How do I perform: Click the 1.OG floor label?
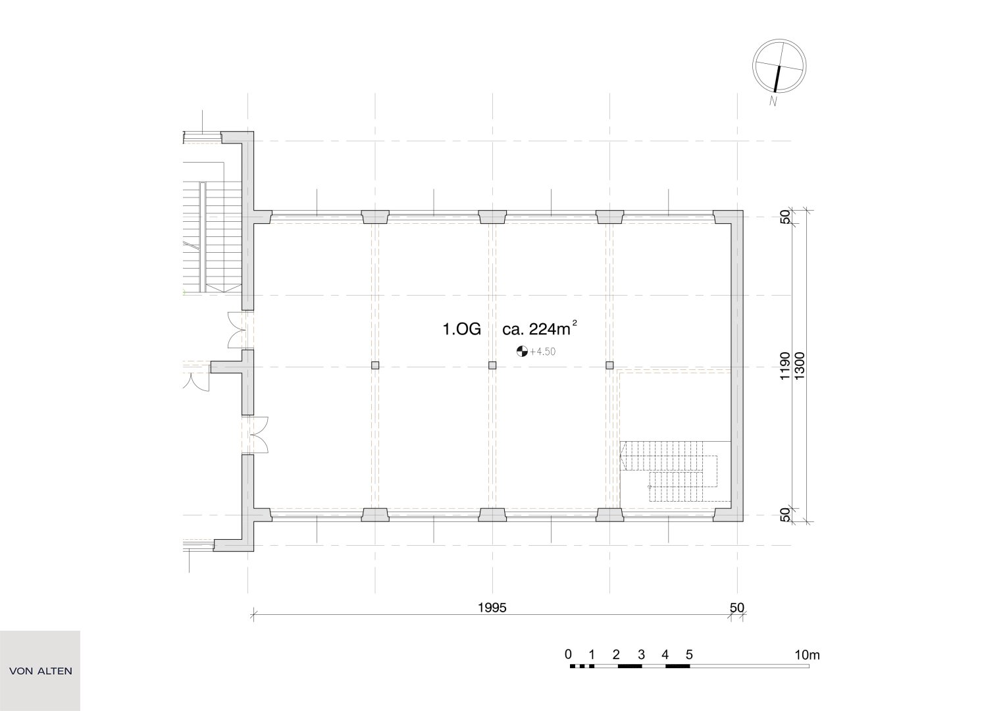pyautogui.click(x=461, y=329)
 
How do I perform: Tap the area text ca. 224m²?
pyautogui.click(x=539, y=329)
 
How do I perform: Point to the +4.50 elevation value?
pyautogui.click(x=542, y=352)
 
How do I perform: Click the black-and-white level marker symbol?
pyautogui.click(x=522, y=352)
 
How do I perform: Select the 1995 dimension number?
pyautogui.click(x=492, y=608)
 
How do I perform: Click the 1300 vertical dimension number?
pyautogui.click(x=799, y=366)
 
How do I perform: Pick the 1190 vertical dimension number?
pyautogui.click(x=785, y=366)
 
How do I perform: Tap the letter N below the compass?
pyautogui.click(x=773, y=101)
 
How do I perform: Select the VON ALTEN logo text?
pyautogui.click(x=41, y=671)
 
